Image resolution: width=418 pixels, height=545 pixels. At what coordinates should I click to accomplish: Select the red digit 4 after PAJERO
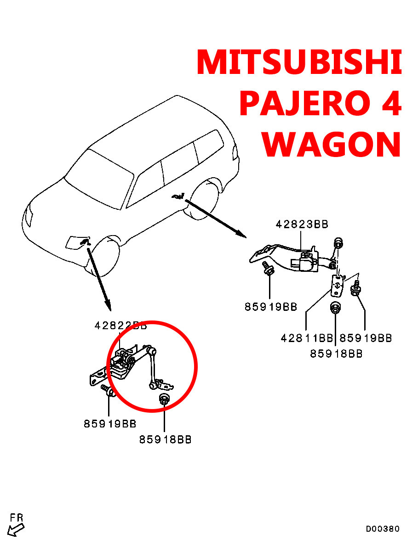click(389, 104)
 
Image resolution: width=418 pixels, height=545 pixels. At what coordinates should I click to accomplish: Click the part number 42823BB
click(302, 224)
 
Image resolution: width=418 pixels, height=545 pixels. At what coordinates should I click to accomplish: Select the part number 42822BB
click(120, 326)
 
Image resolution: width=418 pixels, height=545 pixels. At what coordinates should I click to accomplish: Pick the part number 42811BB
click(307, 338)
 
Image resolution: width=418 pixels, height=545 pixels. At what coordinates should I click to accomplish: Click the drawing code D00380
click(383, 529)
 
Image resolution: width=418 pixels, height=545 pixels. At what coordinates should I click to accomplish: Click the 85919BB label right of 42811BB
click(366, 338)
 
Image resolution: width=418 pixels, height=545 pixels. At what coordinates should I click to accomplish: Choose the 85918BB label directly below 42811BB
click(336, 354)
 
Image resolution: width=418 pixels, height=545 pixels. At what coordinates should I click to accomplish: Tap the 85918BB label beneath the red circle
click(165, 439)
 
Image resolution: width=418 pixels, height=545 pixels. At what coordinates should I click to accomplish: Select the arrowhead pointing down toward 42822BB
click(107, 305)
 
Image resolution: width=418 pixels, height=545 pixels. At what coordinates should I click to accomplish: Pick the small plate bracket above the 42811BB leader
click(337, 285)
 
